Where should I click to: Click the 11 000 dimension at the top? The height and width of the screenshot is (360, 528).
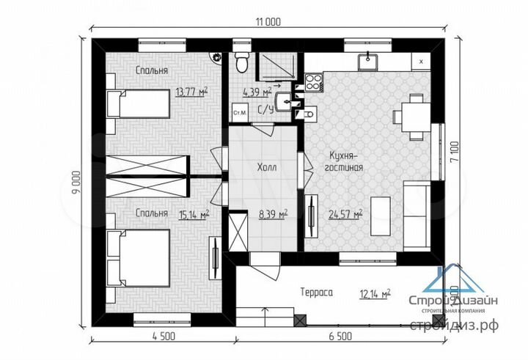point(267,22)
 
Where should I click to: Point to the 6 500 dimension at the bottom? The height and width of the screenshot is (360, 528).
point(340,337)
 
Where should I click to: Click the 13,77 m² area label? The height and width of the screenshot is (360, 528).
point(191,92)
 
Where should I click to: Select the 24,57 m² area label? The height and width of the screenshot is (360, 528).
point(347,214)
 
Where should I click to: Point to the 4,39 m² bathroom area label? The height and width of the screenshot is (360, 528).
point(257,92)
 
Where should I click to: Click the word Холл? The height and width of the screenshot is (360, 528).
point(265,166)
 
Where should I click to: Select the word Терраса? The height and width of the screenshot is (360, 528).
point(317,292)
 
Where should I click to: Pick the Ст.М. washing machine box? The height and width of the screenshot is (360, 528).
point(239,115)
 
